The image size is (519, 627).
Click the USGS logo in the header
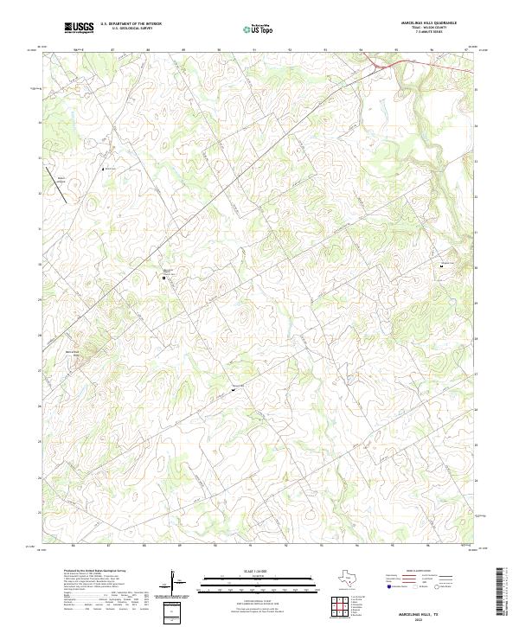point(79,29)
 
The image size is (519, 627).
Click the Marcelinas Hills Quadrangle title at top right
point(428,22)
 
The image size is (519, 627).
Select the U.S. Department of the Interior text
point(131,24)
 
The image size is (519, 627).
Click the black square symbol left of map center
point(166,278)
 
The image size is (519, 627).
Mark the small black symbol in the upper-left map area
point(105,170)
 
